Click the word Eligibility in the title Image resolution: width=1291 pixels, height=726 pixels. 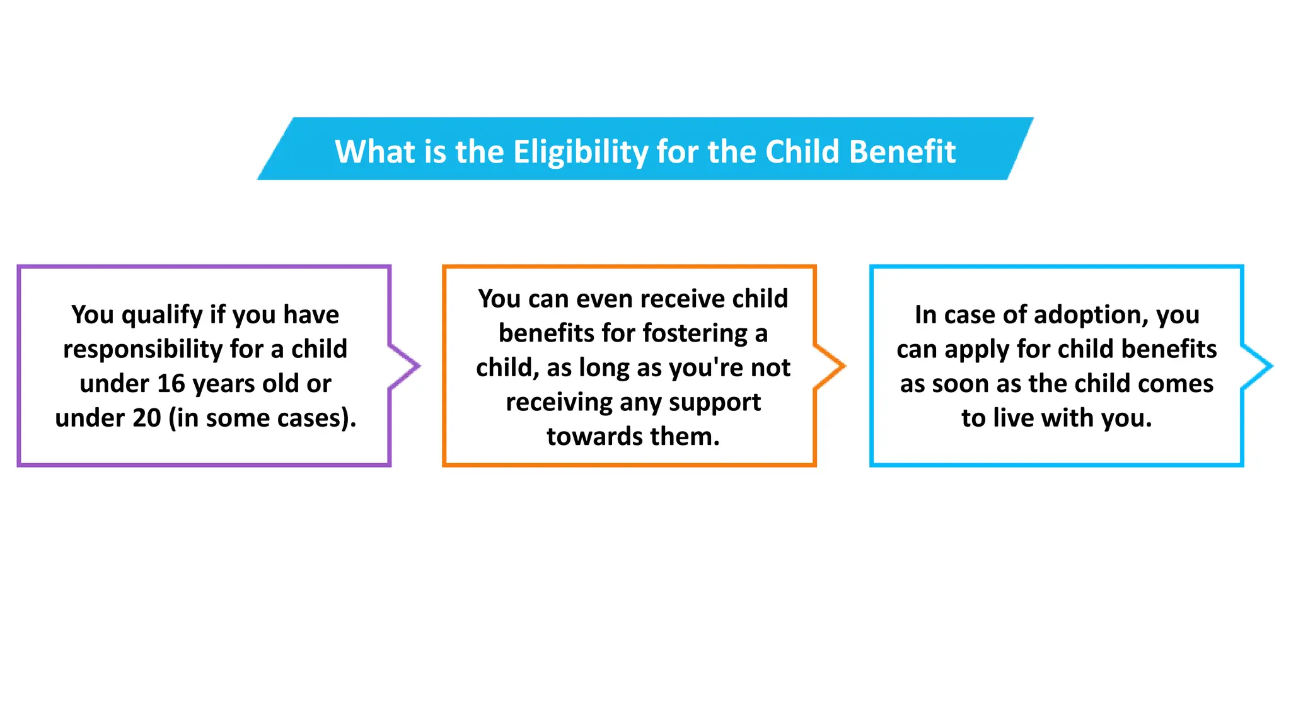pyautogui.click(x=580, y=153)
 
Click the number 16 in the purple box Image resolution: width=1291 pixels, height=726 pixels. pyautogui.click(x=171, y=384)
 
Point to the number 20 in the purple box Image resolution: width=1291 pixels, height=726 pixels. pyautogui.click(x=147, y=418)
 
